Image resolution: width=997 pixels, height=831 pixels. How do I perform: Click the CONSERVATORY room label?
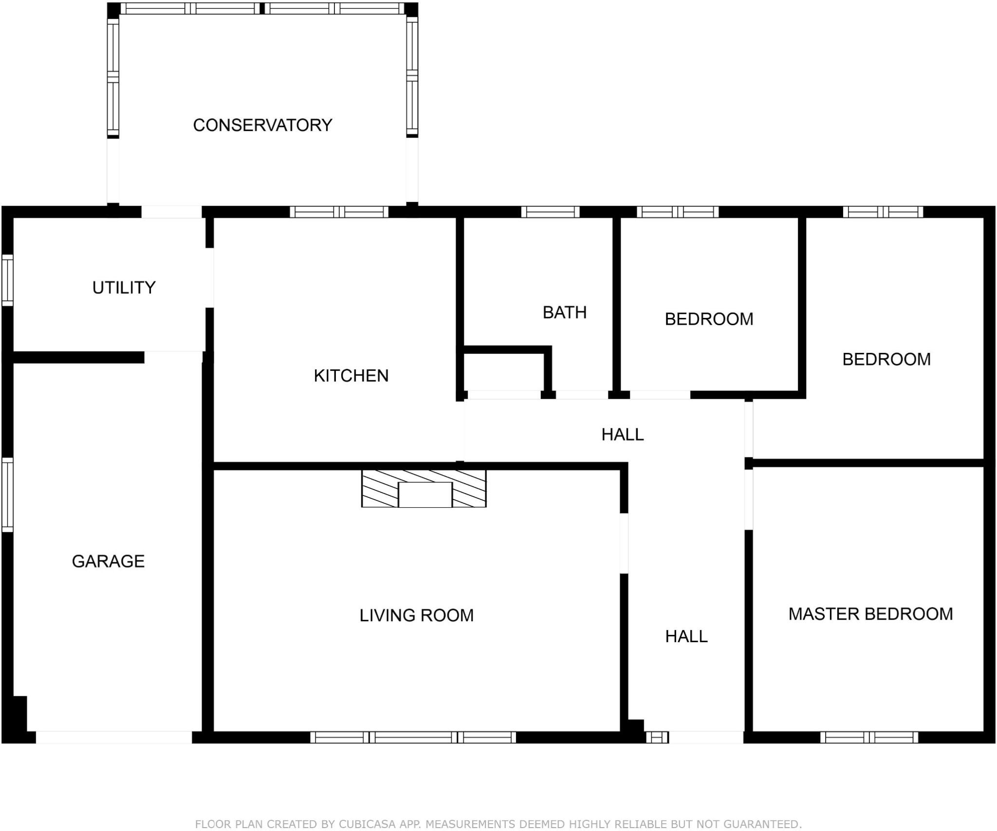pos(262,125)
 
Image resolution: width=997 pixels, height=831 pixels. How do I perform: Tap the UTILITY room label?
pos(124,288)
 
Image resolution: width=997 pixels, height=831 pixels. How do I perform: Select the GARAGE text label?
pos(108,561)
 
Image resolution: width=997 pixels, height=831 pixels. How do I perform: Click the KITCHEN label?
pos(351,376)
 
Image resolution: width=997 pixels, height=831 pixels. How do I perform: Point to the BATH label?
pos(565,313)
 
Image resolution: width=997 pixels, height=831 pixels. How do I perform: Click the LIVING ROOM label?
pos(416,615)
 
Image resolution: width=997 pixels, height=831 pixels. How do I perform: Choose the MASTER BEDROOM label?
pos(870,614)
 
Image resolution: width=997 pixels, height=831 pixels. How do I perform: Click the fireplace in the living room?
pos(424,489)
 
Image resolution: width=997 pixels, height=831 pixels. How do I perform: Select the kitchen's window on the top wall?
pos(339,212)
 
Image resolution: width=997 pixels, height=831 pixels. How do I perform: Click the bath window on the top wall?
pos(550,212)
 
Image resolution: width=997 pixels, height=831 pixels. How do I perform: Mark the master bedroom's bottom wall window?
pos(869,738)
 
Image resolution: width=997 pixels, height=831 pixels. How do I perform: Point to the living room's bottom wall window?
pos(413,738)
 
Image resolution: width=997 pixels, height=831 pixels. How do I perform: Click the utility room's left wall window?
pos(7,280)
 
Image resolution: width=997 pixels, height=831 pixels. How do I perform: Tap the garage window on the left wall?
pos(7,495)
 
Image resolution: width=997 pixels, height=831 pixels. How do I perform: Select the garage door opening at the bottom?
pos(114,738)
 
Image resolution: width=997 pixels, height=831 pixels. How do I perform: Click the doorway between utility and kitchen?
pos(209,278)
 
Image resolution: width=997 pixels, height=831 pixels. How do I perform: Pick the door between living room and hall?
pos(624,543)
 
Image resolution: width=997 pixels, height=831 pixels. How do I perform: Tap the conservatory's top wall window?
pos(262,8)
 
